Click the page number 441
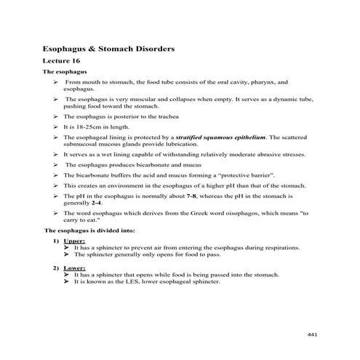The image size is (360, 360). [313, 332]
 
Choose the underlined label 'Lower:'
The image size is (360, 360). [74, 268]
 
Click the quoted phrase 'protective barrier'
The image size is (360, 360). [252, 175]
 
